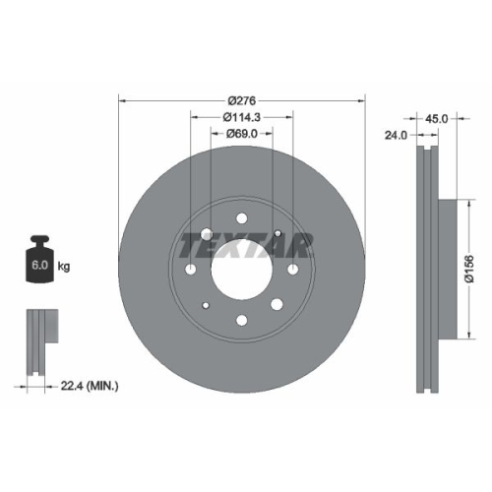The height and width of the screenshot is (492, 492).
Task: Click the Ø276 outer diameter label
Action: (241, 100)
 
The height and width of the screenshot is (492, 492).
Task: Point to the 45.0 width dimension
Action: (437, 119)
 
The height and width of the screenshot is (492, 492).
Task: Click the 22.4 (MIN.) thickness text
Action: (89, 387)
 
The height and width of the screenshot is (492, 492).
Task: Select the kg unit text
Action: (65, 267)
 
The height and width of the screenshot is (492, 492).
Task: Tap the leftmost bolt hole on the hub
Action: (191, 269)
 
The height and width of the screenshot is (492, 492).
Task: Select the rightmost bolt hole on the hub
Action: (293, 269)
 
